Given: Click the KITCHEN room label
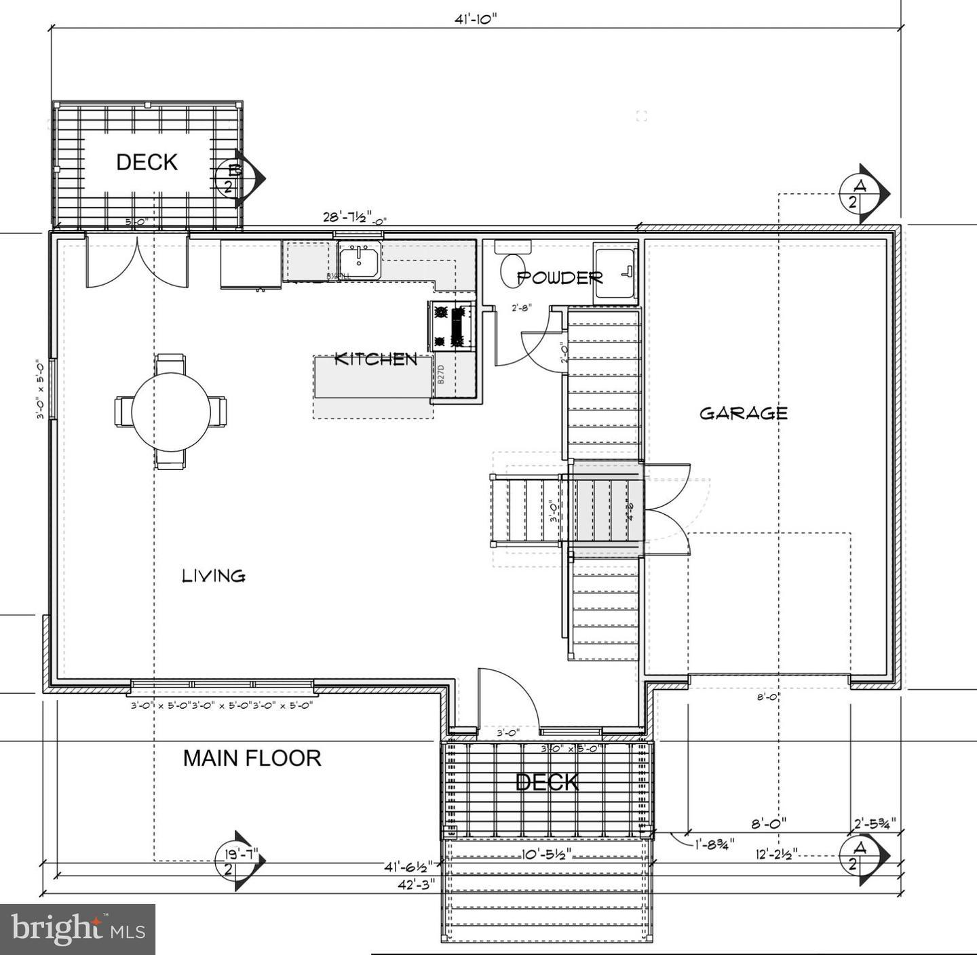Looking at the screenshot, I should click(376, 359).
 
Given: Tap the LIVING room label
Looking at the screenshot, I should click(214, 576).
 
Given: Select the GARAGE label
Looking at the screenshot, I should click(744, 413).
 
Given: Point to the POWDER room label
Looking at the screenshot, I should click(560, 277).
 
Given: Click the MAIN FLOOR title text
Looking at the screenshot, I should click(252, 758).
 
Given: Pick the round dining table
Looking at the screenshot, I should click(171, 410).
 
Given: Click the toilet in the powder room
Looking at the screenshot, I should click(512, 268).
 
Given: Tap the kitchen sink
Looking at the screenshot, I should click(360, 260).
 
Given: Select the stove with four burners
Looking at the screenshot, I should click(451, 326).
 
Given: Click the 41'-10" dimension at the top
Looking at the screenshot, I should click(476, 18).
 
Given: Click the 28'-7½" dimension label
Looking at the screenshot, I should click(348, 217).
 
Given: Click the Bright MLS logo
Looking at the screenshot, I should click(77, 929).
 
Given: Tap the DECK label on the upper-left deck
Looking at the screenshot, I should click(147, 161).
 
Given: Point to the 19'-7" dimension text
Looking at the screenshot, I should click(237, 853).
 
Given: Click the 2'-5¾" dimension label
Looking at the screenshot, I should click(875, 823).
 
